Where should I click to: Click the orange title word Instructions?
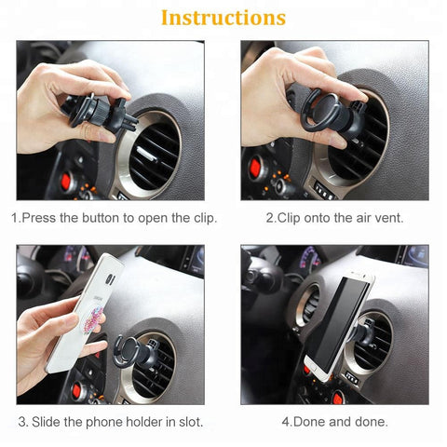(x=223, y=18)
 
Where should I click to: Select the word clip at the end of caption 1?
(x=203, y=218)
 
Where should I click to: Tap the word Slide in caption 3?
(x=47, y=421)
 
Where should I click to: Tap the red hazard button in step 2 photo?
(x=253, y=168)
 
